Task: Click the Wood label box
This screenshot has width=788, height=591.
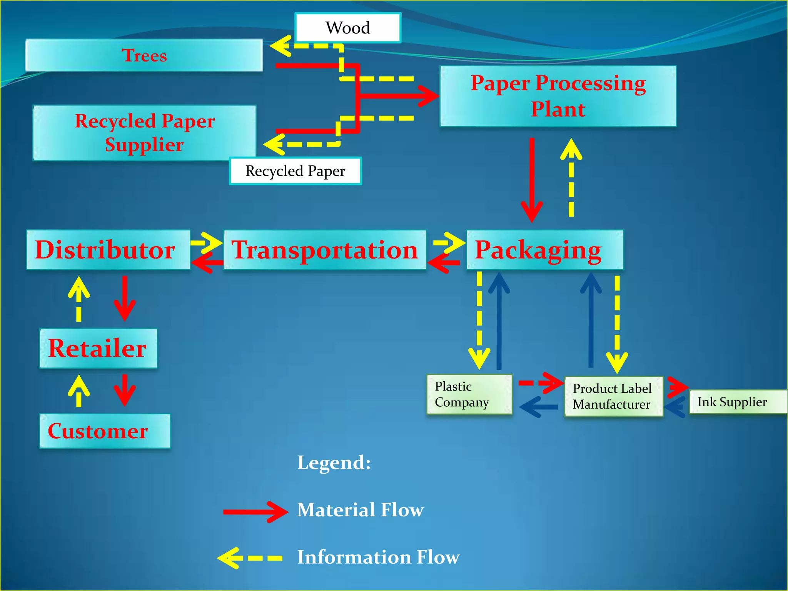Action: (x=348, y=28)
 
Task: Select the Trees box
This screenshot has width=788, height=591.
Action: (x=144, y=55)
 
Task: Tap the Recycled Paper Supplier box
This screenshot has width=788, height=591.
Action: (x=144, y=133)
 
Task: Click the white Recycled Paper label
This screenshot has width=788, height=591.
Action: (x=295, y=171)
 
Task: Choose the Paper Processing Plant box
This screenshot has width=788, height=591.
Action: (x=558, y=96)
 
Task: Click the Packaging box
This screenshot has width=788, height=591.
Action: (x=544, y=250)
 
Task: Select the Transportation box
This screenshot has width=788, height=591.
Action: (x=325, y=250)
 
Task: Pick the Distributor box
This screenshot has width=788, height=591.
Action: (x=108, y=250)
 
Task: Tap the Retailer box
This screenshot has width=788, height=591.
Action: (x=98, y=348)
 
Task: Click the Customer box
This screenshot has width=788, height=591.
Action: (x=105, y=431)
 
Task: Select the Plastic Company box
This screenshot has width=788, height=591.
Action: (x=469, y=394)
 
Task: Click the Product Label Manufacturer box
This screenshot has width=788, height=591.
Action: (x=613, y=396)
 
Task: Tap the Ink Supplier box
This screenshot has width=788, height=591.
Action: (x=737, y=402)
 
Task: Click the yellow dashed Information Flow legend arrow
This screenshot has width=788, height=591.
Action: (x=250, y=558)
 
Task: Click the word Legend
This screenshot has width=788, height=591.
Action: (x=334, y=462)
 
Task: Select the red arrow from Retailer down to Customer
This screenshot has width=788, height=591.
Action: (x=124, y=391)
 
